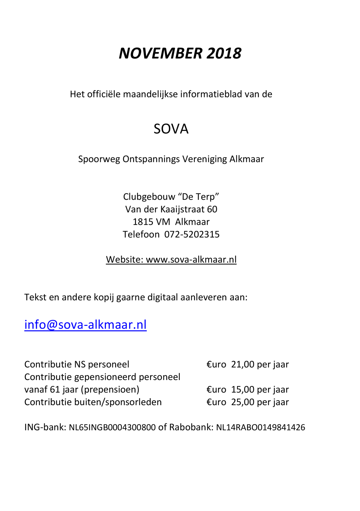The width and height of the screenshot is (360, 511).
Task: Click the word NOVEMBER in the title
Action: (160, 54)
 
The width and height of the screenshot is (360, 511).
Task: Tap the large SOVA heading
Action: (171, 129)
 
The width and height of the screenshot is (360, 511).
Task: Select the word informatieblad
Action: (211, 94)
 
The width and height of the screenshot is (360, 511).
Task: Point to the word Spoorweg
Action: (99, 159)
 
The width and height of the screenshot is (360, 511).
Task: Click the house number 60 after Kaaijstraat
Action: (212, 209)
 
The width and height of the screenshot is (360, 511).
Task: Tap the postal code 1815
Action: (143, 222)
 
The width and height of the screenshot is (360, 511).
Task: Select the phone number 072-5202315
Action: (192, 235)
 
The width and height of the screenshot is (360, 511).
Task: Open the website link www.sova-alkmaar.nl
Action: (191, 259)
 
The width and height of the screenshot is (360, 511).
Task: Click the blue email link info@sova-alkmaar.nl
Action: (85, 325)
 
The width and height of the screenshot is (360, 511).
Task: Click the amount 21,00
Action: (243, 364)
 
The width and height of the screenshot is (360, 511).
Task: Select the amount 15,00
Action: (243, 389)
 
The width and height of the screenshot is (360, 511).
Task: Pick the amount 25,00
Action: (243, 402)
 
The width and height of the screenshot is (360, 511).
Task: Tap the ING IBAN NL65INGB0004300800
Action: (112, 428)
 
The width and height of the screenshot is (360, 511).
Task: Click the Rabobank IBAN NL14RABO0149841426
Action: (260, 428)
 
